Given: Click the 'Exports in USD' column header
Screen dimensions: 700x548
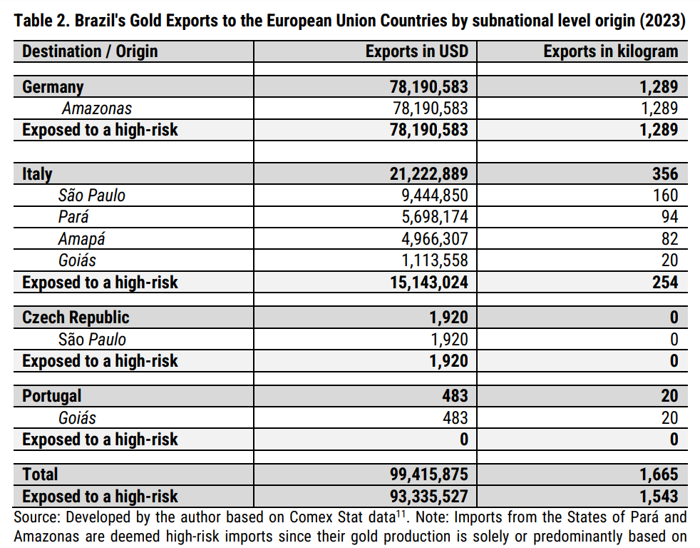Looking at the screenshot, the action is (x=417, y=51).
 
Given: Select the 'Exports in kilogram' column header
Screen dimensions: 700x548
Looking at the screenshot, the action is (x=611, y=51).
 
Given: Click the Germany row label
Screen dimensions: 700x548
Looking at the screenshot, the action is (x=53, y=87).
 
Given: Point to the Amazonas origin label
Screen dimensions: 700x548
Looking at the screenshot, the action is (x=97, y=108).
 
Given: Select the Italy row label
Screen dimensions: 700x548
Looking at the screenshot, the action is (x=37, y=174).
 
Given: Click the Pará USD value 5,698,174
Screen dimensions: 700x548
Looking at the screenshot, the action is (x=435, y=217).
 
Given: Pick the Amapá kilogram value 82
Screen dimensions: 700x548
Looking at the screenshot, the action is (x=669, y=239).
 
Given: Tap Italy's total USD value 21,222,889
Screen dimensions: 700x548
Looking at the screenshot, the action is (x=429, y=174).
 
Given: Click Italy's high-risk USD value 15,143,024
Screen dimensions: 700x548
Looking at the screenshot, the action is (x=429, y=283).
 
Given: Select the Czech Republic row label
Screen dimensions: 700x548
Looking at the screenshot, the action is (x=76, y=318).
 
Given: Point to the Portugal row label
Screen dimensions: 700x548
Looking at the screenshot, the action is (x=52, y=396).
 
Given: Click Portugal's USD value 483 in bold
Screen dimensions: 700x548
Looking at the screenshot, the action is (x=455, y=396).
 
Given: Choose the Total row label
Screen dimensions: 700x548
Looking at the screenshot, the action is (x=40, y=475).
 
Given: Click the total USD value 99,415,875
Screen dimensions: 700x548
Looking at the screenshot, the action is (x=429, y=475).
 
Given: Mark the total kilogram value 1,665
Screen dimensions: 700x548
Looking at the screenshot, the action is (x=659, y=475).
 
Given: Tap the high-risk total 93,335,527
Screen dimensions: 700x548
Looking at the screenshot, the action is (x=429, y=497).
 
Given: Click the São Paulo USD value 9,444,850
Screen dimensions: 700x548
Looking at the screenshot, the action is (x=435, y=196).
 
